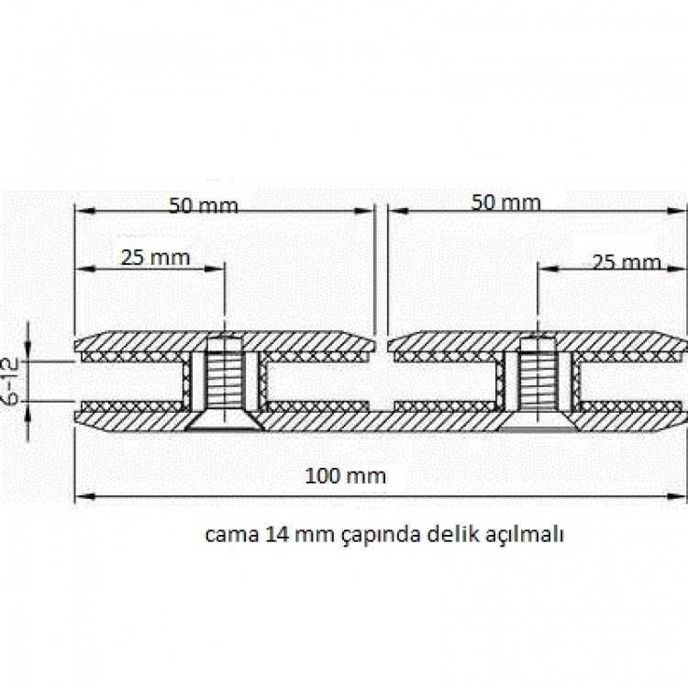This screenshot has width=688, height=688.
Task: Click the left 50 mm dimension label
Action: click(x=204, y=205)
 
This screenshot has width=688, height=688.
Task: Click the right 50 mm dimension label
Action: click(x=505, y=203)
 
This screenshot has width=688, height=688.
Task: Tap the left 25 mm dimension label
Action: click(x=155, y=258)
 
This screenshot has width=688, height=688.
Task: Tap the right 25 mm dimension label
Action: click(x=627, y=262)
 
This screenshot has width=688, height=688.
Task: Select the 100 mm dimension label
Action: click(x=345, y=475)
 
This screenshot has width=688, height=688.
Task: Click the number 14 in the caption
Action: click(x=274, y=535)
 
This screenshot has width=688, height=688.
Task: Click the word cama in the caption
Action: click(x=232, y=536)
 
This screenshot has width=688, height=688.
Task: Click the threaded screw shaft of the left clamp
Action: click(x=225, y=374)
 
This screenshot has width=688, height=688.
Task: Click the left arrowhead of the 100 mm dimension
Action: click(x=84, y=496)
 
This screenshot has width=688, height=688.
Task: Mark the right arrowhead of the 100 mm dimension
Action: click(x=676, y=496)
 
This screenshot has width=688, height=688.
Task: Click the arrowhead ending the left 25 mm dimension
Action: click(x=214, y=269)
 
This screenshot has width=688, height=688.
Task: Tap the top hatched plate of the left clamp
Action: click(x=225, y=341)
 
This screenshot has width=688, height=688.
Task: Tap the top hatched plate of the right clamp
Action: click(x=537, y=341)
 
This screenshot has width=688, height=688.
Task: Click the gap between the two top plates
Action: click(x=382, y=341)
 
